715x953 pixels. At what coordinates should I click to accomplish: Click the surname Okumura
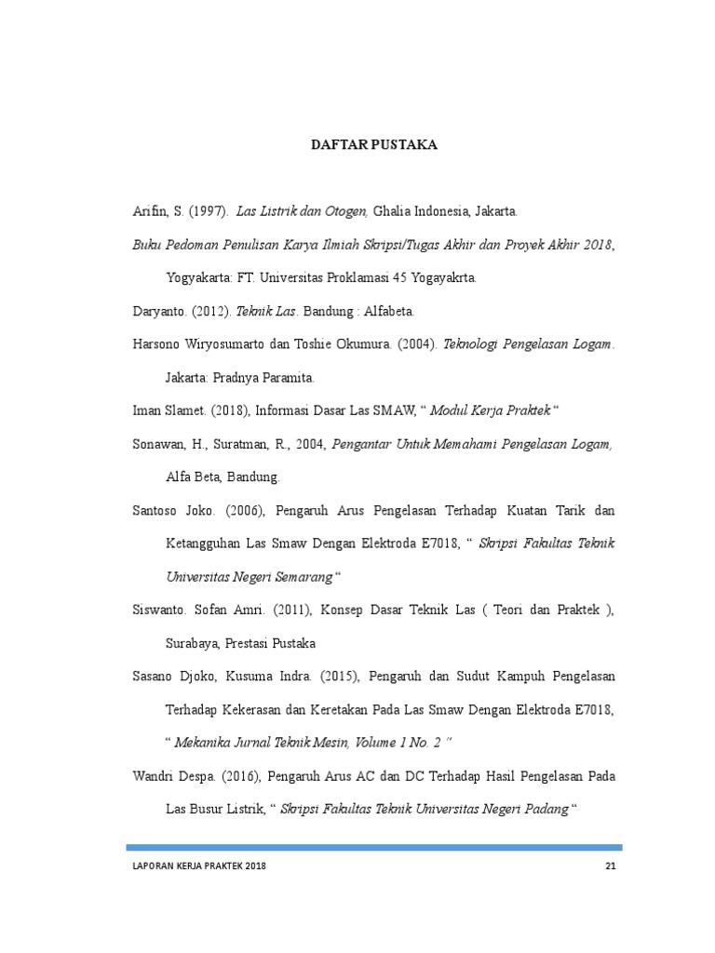click(357, 344)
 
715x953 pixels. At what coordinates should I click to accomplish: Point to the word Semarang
click(303, 577)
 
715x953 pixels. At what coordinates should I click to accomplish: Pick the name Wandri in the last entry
click(153, 776)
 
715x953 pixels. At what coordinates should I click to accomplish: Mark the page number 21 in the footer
click(611, 867)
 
